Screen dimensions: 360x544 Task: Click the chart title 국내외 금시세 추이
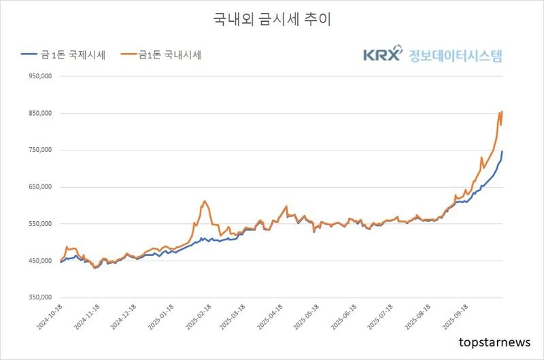click(x=272, y=19)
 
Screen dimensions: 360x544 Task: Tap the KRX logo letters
click(x=382, y=55)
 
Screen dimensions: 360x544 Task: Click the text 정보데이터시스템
click(x=456, y=55)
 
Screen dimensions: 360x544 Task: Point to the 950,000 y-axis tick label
click(x=41, y=77)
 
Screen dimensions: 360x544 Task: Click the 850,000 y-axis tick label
click(x=41, y=114)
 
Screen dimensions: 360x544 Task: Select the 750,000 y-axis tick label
click(x=41, y=150)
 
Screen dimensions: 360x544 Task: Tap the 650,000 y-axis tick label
click(x=41, y=187)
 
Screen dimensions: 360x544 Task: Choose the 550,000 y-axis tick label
click(x=41, y=224)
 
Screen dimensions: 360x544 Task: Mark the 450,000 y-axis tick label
click(x=41, y=261)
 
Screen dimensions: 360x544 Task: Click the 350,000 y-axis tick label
click(x=41, y=297)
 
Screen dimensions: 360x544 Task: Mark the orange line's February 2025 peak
click(x=204, y=201)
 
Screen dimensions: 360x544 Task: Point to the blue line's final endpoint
click(x=503, y=151)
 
